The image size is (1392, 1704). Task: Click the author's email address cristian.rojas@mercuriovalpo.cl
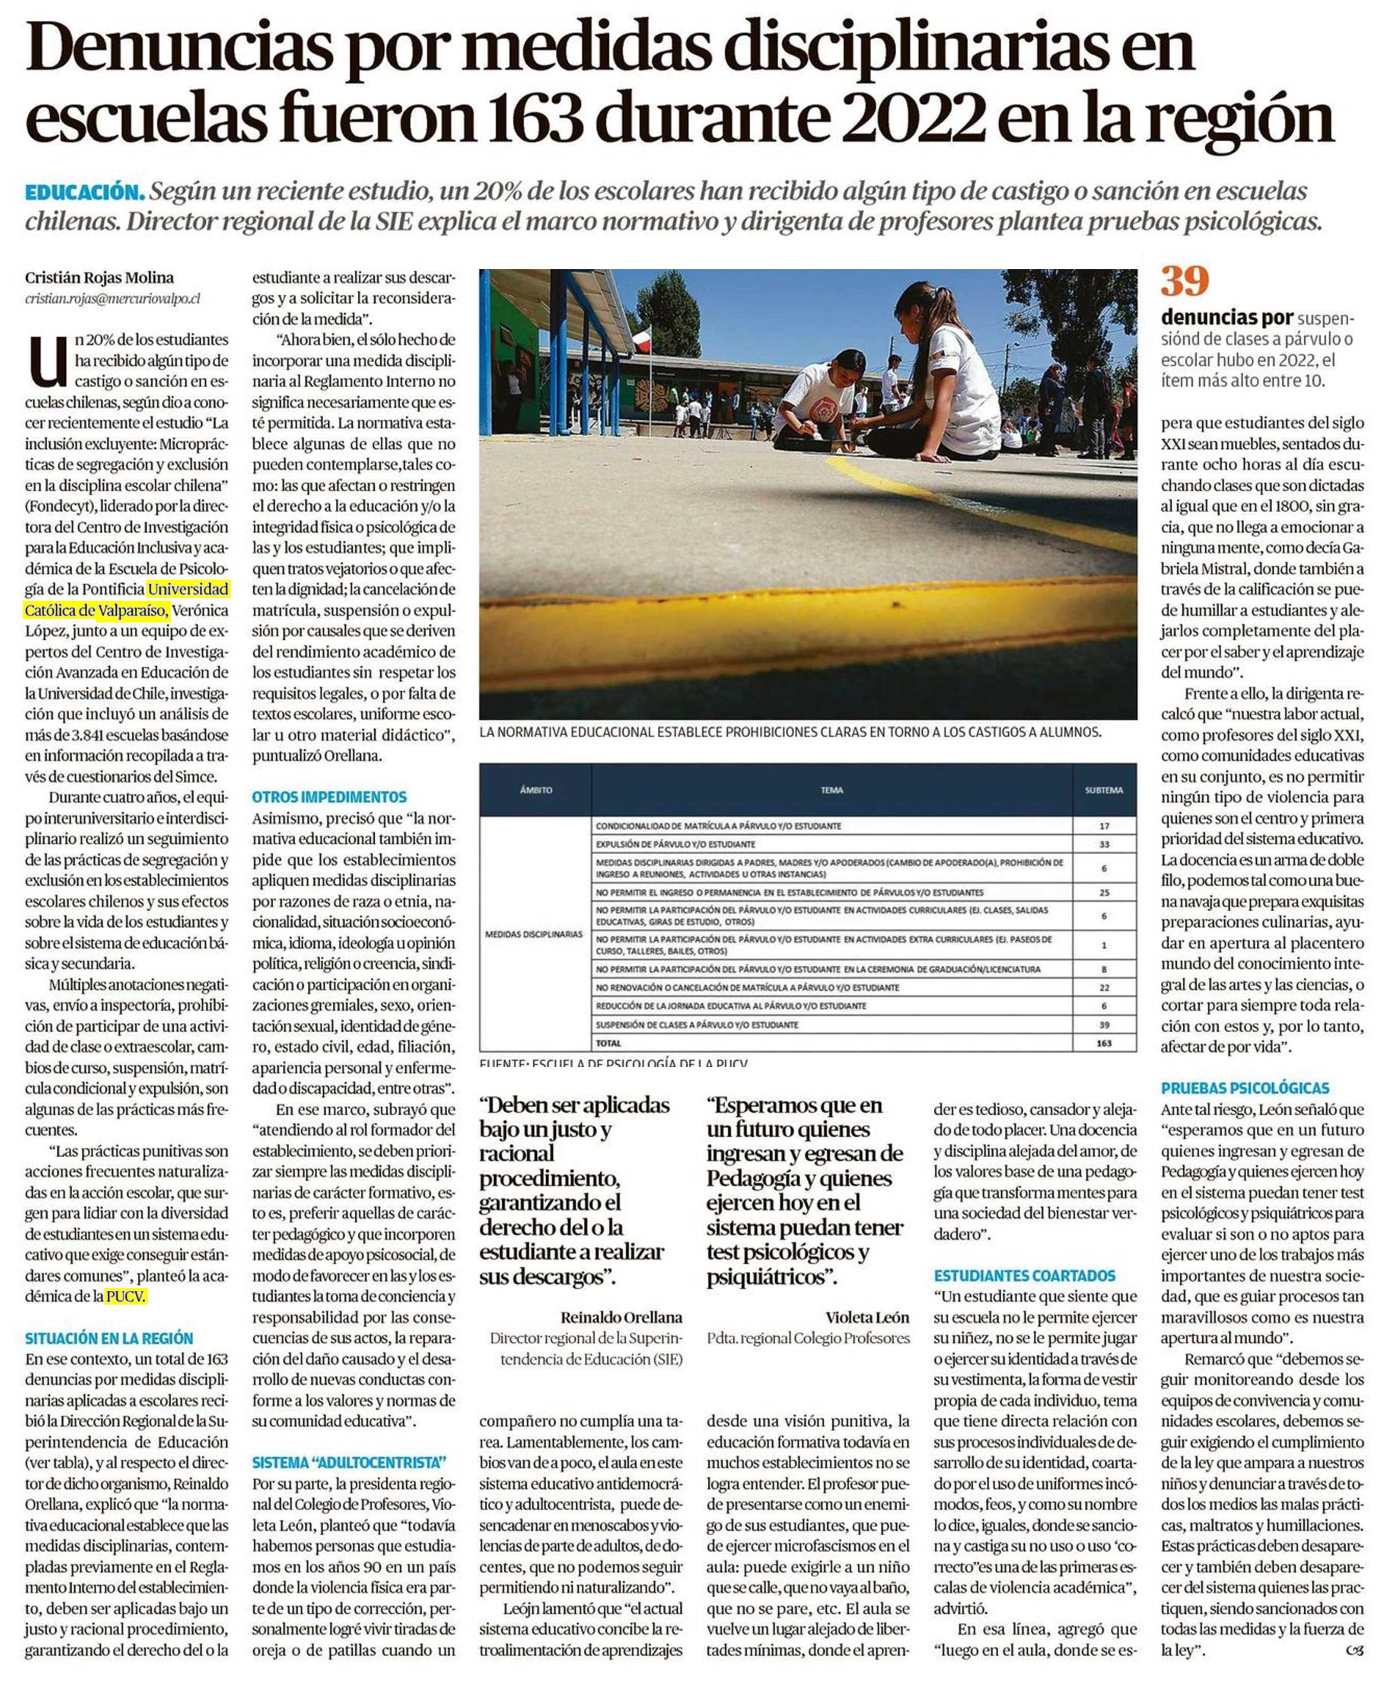[x=112, y=298]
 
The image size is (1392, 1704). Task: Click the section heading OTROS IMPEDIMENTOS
[x=329, y=797]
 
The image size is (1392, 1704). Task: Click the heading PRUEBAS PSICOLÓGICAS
[x=1245, y=1088]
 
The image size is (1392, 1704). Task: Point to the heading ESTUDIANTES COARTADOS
[x=1024, y=1276]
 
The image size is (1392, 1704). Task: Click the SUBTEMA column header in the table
[x=1103, y=790]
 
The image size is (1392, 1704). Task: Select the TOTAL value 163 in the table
[x=1103, y=1043]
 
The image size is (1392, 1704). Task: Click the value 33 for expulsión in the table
[x=1103, y=844]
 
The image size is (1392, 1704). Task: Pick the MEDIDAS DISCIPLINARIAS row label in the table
[x=533, y=934]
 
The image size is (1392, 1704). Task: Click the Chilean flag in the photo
[x=642, y=341]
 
